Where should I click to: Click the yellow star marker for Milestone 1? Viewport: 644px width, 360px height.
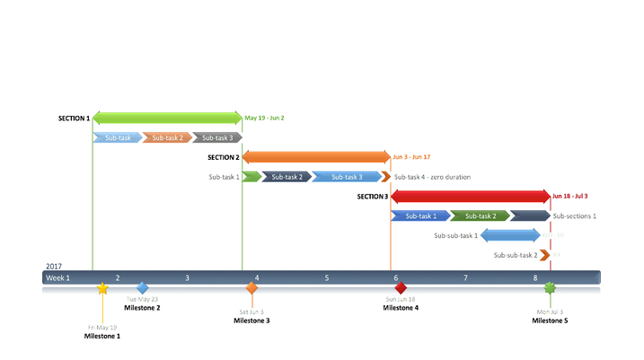coord(102,288)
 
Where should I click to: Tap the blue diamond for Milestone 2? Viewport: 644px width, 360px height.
coord(142,288)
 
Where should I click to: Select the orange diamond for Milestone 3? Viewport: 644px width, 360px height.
coord(251,288)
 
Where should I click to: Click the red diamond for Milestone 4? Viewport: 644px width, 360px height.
coord(401,288)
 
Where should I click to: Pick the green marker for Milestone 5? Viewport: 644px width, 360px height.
coord(550,288)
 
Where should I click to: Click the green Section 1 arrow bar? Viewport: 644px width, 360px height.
coord(167,118)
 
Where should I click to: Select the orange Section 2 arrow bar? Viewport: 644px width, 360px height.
coord(316,157)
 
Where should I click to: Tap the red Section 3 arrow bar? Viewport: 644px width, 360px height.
coord(471,196)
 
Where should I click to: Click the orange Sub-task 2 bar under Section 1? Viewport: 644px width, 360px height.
coord(167,138)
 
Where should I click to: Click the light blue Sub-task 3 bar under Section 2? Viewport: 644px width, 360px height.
coord(349,177)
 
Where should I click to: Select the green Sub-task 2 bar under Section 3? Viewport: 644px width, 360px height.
coord(481,215)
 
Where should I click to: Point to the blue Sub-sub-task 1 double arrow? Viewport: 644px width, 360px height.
coord(510,235)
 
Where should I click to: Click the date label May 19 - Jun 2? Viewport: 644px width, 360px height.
coord(264,119)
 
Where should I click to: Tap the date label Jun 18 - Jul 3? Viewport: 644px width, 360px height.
coord(570,196)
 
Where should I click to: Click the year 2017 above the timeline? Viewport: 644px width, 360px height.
coord(53,267)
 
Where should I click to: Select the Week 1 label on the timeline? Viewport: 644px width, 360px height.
coord(58,278)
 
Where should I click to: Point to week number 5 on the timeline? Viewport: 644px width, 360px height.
coord(327,278)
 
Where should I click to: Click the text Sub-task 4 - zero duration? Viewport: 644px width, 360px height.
coord(432,177)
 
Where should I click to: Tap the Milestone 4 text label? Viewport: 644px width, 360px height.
coord(401,308)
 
